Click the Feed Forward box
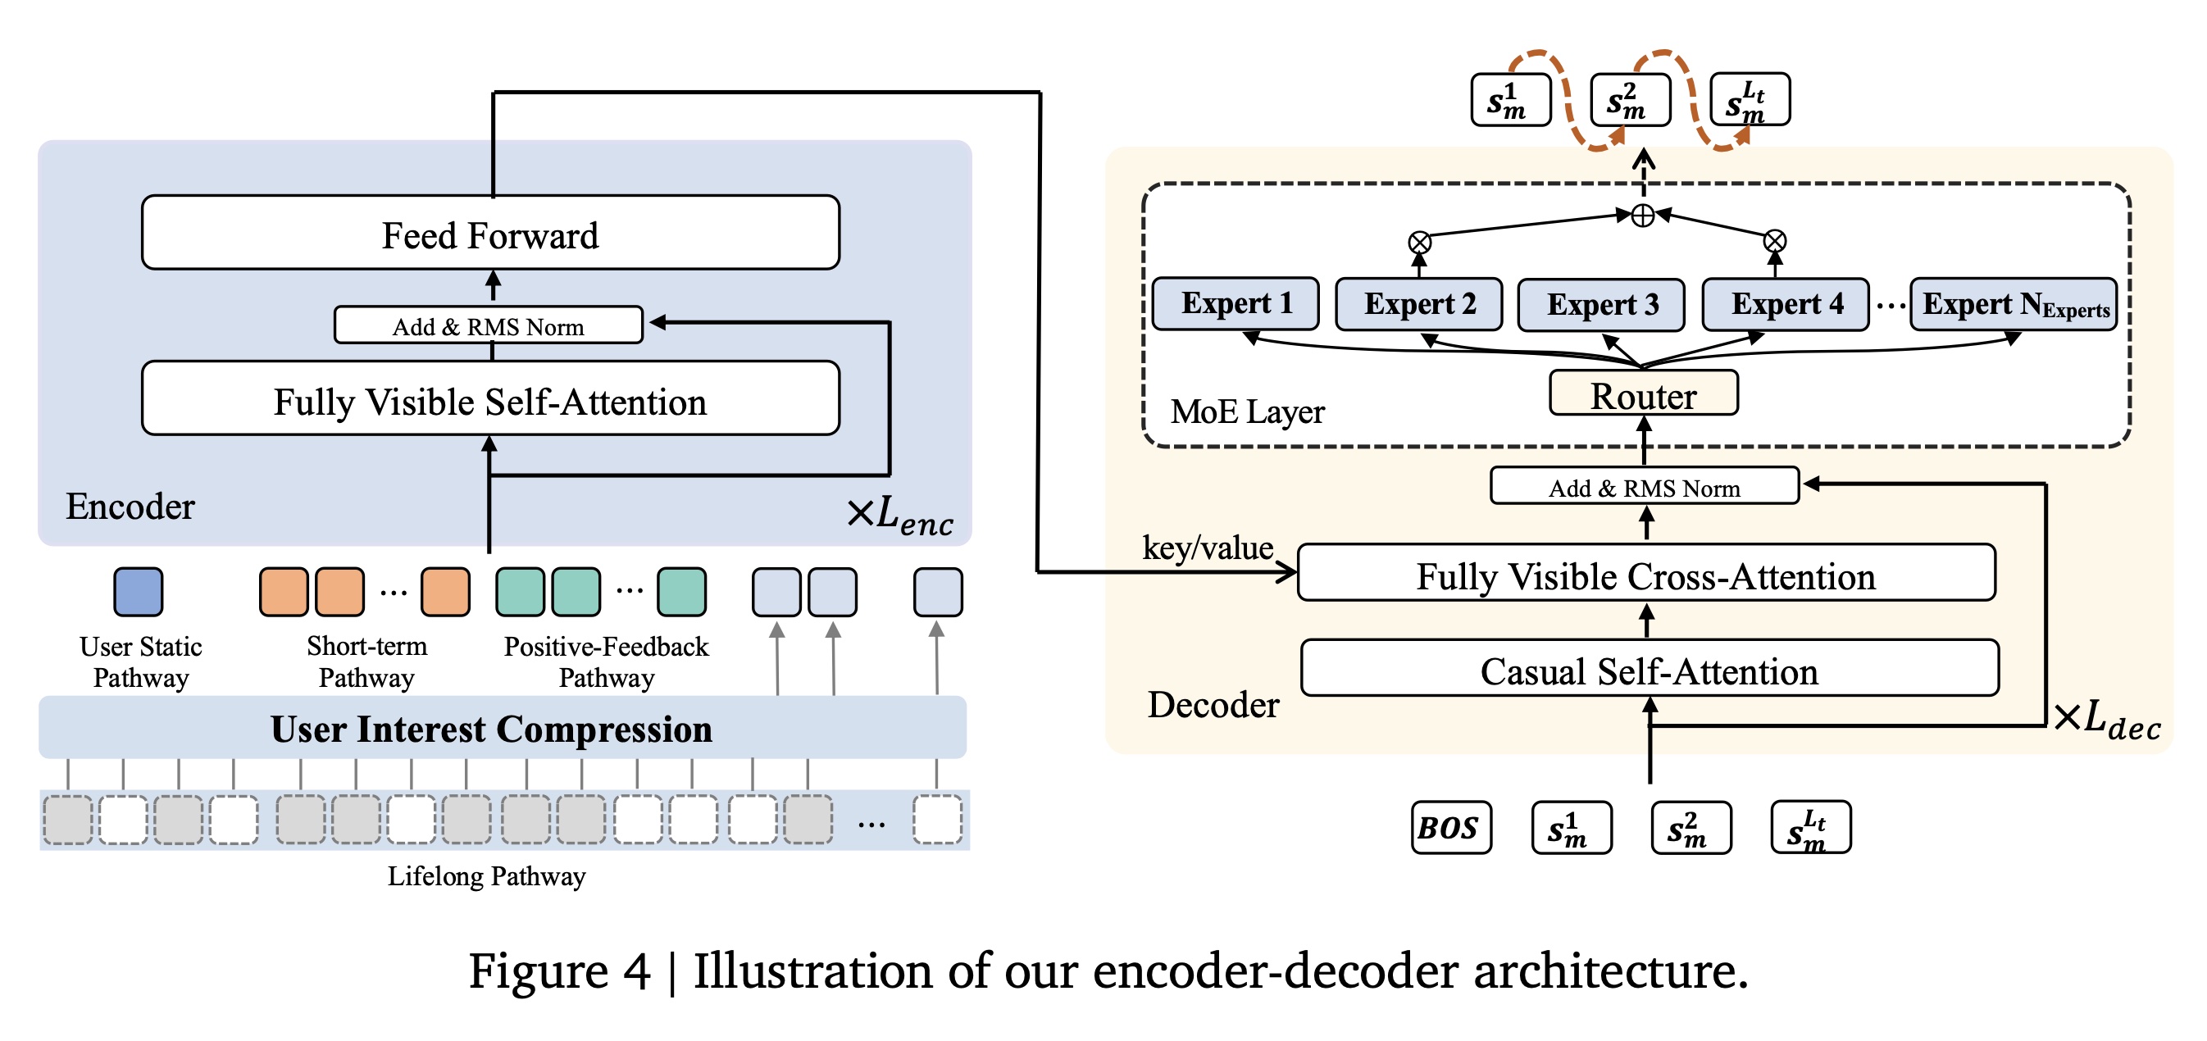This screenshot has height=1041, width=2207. pos(490,233)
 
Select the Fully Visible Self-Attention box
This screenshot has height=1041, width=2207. pos(490,399)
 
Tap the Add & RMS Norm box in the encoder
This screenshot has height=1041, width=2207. pos(489,325)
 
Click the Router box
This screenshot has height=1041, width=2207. pos(1643,394)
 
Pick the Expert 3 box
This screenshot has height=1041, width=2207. pos(1601,305)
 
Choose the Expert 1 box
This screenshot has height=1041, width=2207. pos(1235,303)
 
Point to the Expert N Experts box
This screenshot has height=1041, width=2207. pos(2014,305)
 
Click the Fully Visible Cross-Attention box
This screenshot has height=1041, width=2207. pos(1646,574)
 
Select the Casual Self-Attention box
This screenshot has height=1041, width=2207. pos(1650,669)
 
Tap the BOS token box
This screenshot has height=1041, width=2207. pos(1451,828)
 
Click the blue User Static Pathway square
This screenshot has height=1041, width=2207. pos(138,592)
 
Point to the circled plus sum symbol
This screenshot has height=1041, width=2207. pos(1642,215)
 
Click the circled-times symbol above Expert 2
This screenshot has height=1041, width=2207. pos(1419,243)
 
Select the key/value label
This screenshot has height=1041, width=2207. pos(1207,548)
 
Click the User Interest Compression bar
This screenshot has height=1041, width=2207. pos(502,728)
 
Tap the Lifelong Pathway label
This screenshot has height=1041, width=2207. pos(486,875)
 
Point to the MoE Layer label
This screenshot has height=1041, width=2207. pos(1247,412)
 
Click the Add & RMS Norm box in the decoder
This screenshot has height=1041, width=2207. pos(1644,487)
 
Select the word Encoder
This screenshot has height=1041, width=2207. pos(130,507)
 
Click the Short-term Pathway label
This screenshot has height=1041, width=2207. pos(366,661)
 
